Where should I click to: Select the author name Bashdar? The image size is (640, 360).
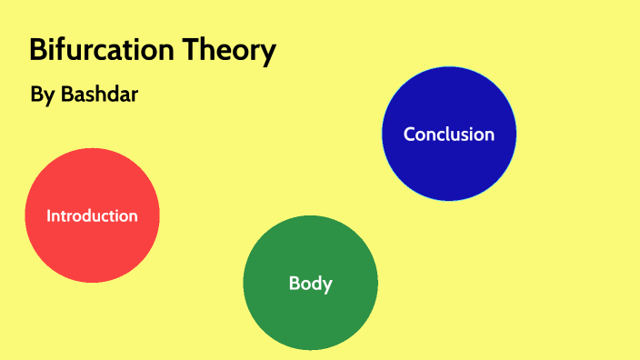99,94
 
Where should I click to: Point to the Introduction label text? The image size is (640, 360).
92,215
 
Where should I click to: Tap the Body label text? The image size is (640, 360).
310,283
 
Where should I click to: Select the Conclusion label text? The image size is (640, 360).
449,134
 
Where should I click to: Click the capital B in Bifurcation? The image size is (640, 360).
38,51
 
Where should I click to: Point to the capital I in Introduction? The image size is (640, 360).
49,215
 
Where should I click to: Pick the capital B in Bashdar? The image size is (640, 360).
66,94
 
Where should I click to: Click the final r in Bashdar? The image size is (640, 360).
134,95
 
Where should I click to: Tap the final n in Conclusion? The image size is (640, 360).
489,135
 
